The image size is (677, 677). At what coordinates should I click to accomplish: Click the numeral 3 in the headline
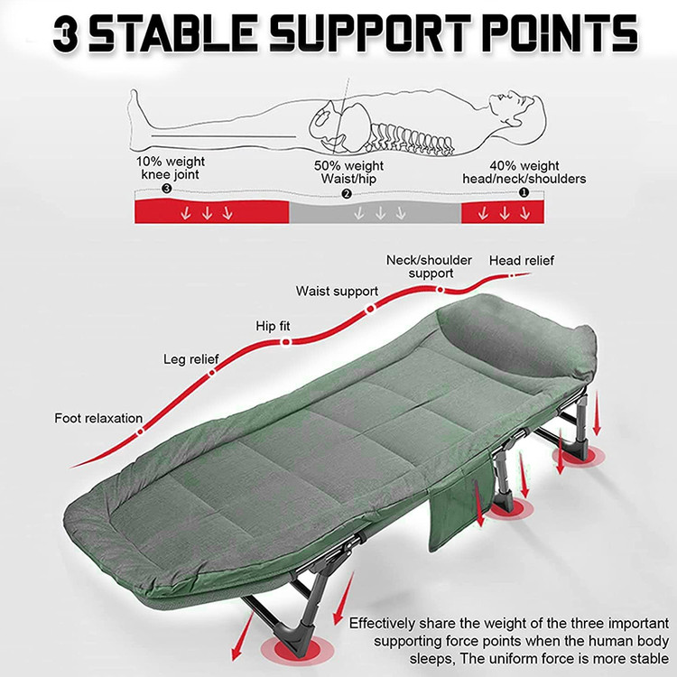coord(66,34)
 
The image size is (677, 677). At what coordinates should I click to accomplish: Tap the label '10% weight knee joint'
coord(170,168)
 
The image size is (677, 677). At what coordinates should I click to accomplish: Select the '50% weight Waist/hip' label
coord(348,172)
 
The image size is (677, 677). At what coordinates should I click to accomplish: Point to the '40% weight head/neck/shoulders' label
coord(524,172)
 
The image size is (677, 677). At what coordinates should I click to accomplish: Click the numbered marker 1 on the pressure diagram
coord(524,192)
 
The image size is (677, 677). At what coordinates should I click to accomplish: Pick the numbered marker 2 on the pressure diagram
coord(347,194)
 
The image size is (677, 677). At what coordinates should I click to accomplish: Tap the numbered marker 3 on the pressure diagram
coord(167,189)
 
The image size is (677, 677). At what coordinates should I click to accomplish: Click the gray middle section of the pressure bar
coord(376,212)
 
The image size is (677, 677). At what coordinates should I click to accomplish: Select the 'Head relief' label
coord(522,261)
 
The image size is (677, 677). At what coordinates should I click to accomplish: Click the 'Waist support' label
coord(337,292)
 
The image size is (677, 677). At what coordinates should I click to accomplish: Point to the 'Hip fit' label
coord(273,326)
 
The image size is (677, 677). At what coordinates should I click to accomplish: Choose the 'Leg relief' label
coord(190,359)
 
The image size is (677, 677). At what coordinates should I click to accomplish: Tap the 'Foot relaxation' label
coord(98,418)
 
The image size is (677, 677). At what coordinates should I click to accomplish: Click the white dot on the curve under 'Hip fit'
coord(286,342)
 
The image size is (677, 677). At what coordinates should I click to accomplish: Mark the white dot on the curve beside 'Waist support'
coord(370,309)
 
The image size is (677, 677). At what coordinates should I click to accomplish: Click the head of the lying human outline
coord(518,109)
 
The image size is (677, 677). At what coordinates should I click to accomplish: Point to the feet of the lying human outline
coord(137,108)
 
